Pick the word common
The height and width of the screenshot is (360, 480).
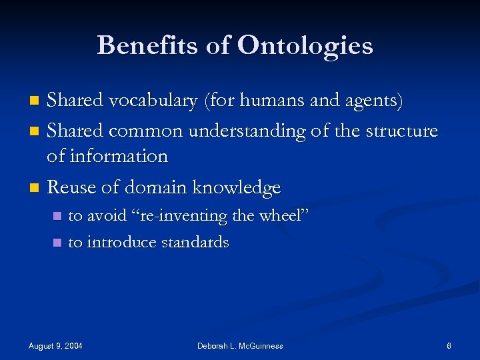click(x=147, y=131)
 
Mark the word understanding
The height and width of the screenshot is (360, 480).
click(x=249, y=131)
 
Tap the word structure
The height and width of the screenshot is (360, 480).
click(x=399, y=131)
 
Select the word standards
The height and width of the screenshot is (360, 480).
click(x=196, y=242)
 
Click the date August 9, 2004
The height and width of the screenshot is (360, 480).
click(x=56, y=345)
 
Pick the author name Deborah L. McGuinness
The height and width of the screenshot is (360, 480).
click(x=240, y=345)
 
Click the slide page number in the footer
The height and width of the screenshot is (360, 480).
click(x=449, y=345)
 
